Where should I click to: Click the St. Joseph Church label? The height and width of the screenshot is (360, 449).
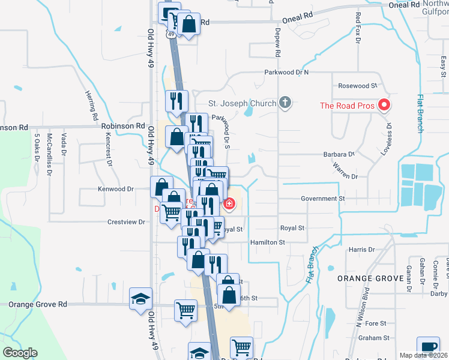242,103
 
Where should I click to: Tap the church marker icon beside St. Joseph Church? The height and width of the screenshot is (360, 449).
285,103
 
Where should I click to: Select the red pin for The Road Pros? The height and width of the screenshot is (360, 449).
384,106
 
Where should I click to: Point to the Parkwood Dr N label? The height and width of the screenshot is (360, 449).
286,72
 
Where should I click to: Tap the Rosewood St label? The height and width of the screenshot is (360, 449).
357,86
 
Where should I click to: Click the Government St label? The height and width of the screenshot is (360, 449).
322,198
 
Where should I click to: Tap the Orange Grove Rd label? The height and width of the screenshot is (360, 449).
38,304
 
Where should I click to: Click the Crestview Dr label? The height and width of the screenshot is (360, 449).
126,221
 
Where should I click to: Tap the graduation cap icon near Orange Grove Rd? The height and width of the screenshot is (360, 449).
141,298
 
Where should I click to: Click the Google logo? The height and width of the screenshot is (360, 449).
20,353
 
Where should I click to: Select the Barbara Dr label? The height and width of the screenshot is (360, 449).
339,154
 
